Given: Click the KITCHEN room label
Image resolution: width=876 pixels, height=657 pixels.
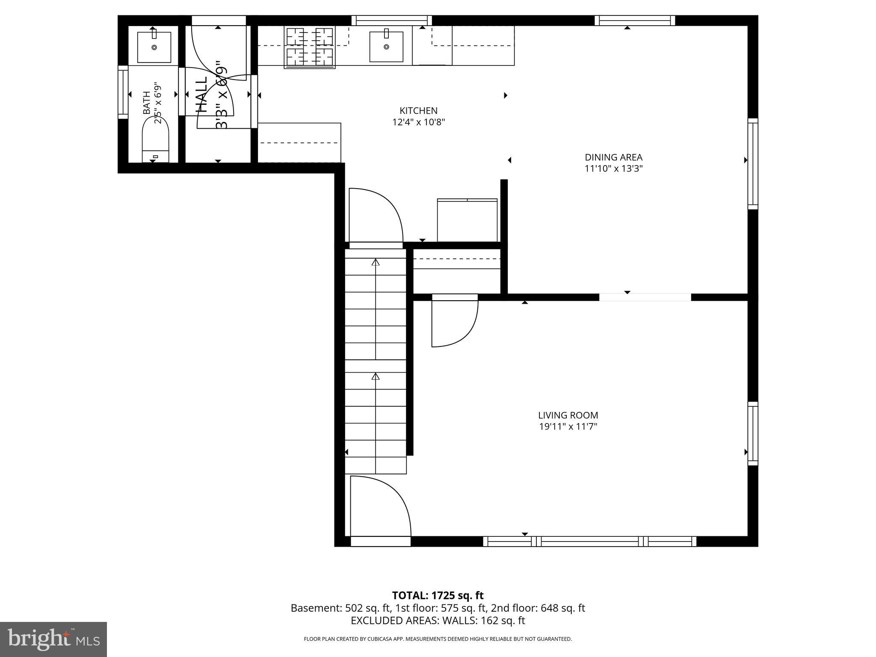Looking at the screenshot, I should click(418, 111).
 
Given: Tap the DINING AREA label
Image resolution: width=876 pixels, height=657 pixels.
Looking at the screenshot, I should click(613, 157).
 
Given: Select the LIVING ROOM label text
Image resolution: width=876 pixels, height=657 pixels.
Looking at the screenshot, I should click(568, 415).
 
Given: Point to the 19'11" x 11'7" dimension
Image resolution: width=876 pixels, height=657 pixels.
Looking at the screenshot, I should click(568, 426).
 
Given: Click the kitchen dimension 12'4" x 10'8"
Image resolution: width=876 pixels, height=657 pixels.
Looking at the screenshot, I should click(418, 122).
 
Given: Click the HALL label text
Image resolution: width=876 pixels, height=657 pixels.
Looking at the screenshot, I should click(201, 95).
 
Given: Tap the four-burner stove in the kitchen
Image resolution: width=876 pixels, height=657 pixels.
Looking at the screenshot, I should click(309, 47).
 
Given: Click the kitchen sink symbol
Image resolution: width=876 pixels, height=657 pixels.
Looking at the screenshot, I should click(386, 47).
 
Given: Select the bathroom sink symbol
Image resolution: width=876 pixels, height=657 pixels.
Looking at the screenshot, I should click(154, 47).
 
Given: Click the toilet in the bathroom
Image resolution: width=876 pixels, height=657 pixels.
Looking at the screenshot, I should click(155, 139).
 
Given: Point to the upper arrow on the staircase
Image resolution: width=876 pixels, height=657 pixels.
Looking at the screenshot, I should click(376, 262).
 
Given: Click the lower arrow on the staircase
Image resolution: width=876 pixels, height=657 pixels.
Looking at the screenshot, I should click(376, 376).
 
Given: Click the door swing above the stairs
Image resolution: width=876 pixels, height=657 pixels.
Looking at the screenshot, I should click(376, 216).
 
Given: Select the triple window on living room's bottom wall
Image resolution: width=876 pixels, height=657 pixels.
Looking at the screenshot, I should click(589, 542).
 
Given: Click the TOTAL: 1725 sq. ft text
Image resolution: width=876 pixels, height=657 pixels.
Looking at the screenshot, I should click(438, 595).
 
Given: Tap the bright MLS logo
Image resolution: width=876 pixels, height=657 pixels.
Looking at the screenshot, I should click(53, 639).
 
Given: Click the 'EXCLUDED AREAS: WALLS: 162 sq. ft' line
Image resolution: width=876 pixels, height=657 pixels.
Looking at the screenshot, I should click(438, 621).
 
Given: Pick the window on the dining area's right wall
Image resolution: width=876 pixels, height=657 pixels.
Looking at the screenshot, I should click(752, 164).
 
